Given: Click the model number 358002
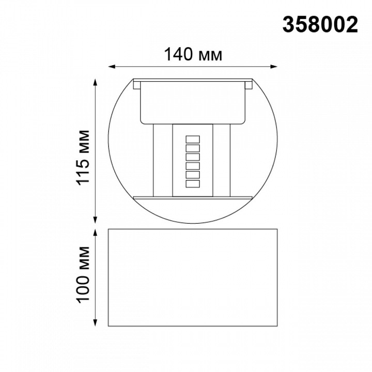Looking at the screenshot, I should pos(320,24).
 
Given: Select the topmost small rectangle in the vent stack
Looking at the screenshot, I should pos(193,139).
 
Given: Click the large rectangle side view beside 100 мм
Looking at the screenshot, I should pos(193,277).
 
